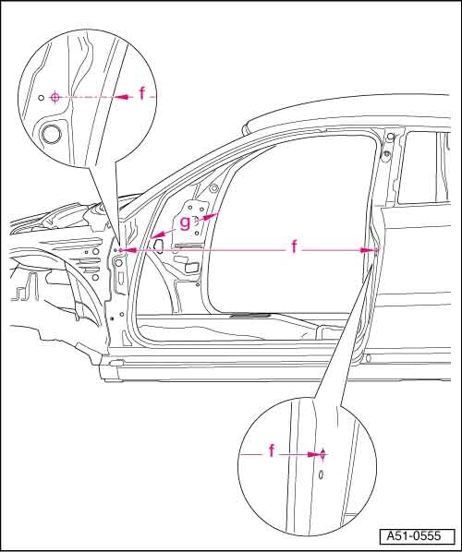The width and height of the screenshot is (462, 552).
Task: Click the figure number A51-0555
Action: [x=414, y=535]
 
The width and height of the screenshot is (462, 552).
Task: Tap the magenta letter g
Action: [x=185, y=222]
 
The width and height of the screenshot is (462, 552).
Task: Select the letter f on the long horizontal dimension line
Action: [x=294, y=246]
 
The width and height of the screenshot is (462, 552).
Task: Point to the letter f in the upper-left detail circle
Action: [x=141, y=93]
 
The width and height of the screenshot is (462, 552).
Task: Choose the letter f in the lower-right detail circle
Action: [x=272, y=450]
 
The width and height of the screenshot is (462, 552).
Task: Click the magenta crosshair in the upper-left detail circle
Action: [x=55, y=97]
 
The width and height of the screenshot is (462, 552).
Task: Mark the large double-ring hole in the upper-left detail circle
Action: [x=52, y=134]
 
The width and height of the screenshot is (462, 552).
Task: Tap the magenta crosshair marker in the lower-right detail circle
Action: [x=322, y=454]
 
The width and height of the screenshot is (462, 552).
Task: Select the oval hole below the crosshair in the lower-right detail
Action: [x=321, y=474]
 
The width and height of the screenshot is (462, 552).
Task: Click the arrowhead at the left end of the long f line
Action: [x=129, y=250]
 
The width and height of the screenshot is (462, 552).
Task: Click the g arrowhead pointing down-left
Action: [x=158, y=234]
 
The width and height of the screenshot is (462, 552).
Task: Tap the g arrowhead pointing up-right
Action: [x=209, y=217]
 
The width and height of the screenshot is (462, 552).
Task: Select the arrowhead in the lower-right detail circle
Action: [x=313, y=454]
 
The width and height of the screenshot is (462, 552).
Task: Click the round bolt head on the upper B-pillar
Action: [x=386, y=153]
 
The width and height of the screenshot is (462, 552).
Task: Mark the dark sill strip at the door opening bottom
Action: [x=251, y=316]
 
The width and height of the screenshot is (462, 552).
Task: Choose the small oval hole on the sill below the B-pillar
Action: [x=369, y=358]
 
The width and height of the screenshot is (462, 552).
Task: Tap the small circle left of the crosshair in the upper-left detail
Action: [x=42, y=97]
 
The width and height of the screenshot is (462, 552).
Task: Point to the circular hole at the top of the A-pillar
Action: [x=213, y=188]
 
